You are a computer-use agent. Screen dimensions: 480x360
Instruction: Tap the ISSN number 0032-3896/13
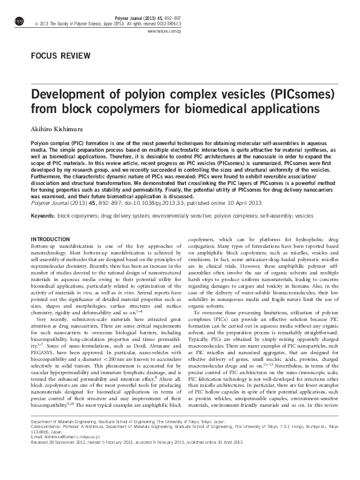pos(330,22)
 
